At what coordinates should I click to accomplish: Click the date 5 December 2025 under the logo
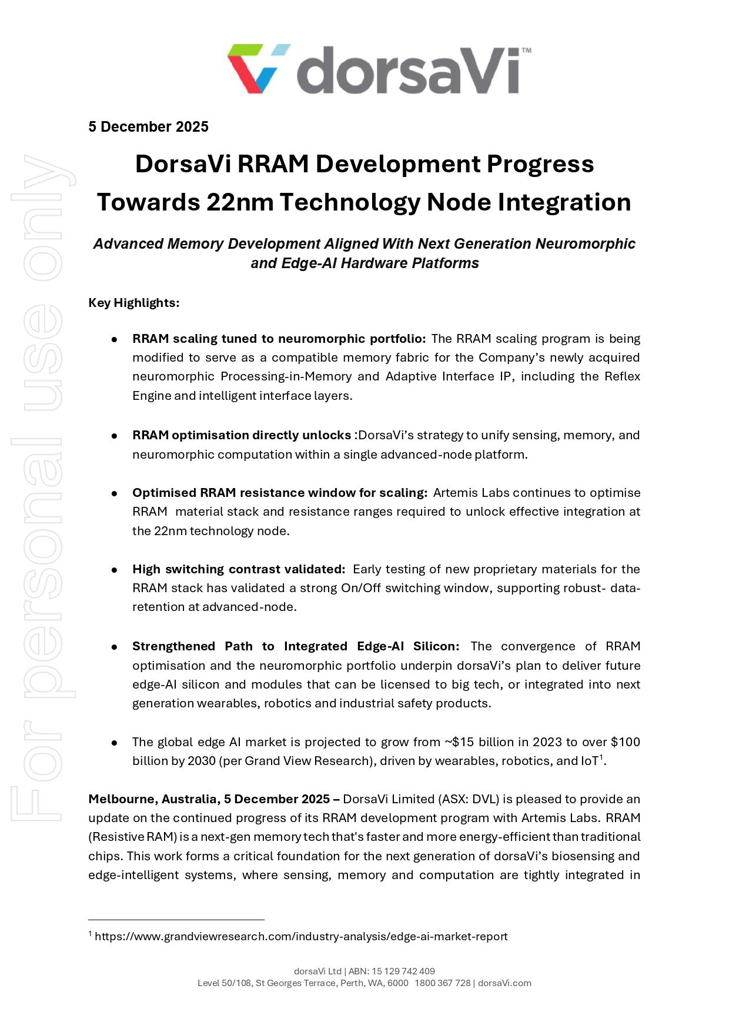click(148, 127)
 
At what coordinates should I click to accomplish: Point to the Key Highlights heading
click(134, 303)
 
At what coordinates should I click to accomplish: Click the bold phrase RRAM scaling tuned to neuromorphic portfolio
click(279, 339)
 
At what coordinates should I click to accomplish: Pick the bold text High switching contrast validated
click(239, 569)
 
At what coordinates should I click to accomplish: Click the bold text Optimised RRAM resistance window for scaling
click(280, 493)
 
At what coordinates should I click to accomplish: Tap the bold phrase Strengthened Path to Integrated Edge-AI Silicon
click(296, 646)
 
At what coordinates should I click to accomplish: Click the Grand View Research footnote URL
click(301, 936)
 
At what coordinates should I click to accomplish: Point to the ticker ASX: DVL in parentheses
click(468, 799)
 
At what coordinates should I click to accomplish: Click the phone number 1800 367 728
click(443, 983)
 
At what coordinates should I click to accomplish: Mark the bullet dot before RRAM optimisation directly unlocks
click(115, 436)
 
